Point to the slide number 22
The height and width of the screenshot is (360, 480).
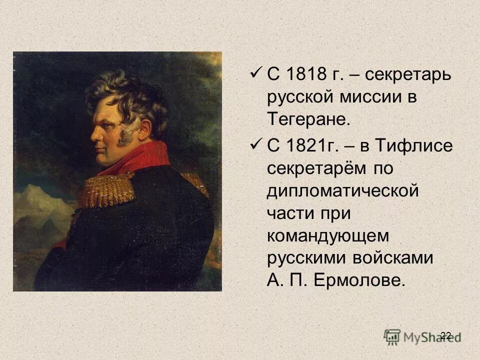[x=446, y=335]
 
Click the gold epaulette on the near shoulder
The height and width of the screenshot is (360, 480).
[x=107, y=189]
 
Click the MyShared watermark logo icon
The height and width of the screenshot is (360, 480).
[x=392, y=336]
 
